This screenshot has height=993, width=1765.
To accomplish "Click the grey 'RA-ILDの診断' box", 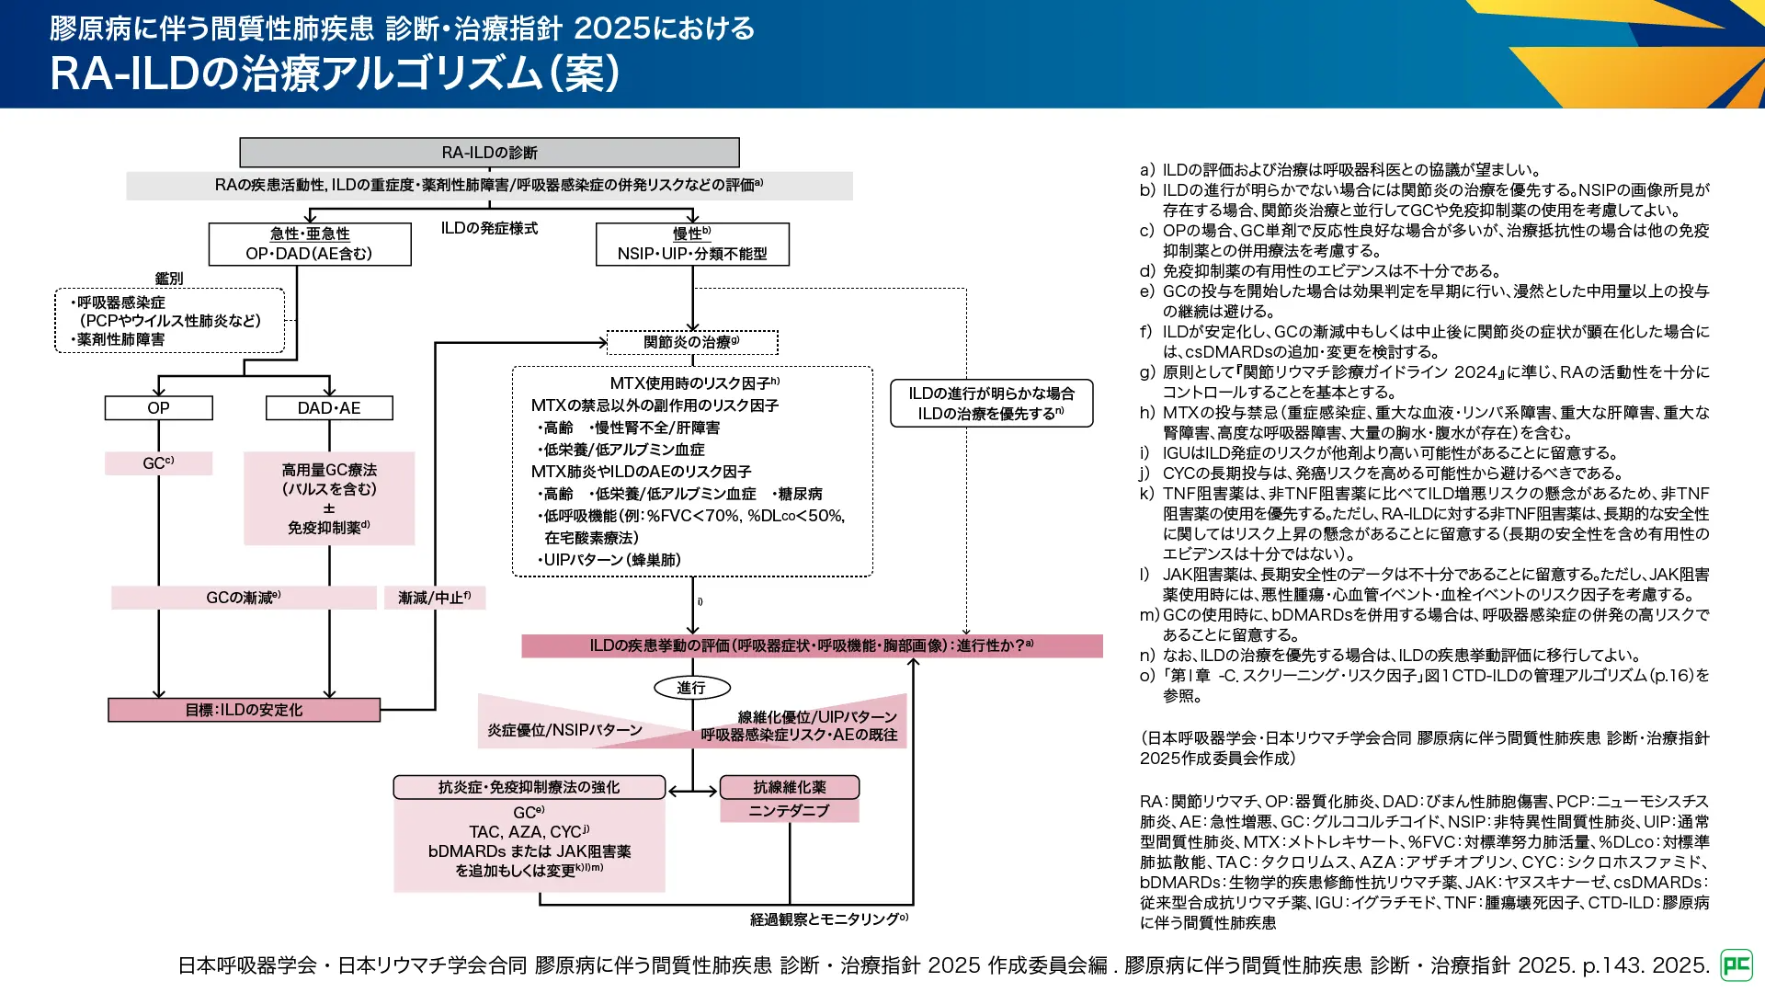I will [489, 153].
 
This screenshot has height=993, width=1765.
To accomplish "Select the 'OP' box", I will [158, 407].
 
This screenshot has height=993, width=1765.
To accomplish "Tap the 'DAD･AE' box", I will [329, 407].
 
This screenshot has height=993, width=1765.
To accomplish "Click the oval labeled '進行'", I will [691, 688].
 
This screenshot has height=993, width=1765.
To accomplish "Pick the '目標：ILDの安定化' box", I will [244, 710].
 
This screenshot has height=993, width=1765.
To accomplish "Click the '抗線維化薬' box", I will [789, 787].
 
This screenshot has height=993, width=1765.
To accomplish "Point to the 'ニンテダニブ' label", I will [789, 811].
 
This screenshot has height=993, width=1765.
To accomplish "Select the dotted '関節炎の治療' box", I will [691, 342].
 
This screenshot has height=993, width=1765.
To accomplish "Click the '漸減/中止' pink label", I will [434, 598].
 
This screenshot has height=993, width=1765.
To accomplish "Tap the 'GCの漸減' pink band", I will [244, 598].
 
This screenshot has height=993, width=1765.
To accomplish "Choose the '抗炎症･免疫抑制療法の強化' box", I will [529, 787].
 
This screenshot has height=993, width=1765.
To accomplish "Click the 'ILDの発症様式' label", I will [489, 228].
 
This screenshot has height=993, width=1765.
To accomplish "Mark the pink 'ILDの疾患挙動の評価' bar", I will [811, 645].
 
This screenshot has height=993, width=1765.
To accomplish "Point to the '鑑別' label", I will [169, 279].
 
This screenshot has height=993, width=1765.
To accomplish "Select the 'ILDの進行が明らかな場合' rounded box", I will [991, 403].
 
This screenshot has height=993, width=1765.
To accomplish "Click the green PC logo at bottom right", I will [1737, 964].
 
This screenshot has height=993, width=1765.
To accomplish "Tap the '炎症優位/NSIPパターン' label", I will [564, 730].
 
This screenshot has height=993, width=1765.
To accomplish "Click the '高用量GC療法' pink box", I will [329, 498].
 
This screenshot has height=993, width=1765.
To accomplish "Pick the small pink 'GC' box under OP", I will [158, 463].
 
